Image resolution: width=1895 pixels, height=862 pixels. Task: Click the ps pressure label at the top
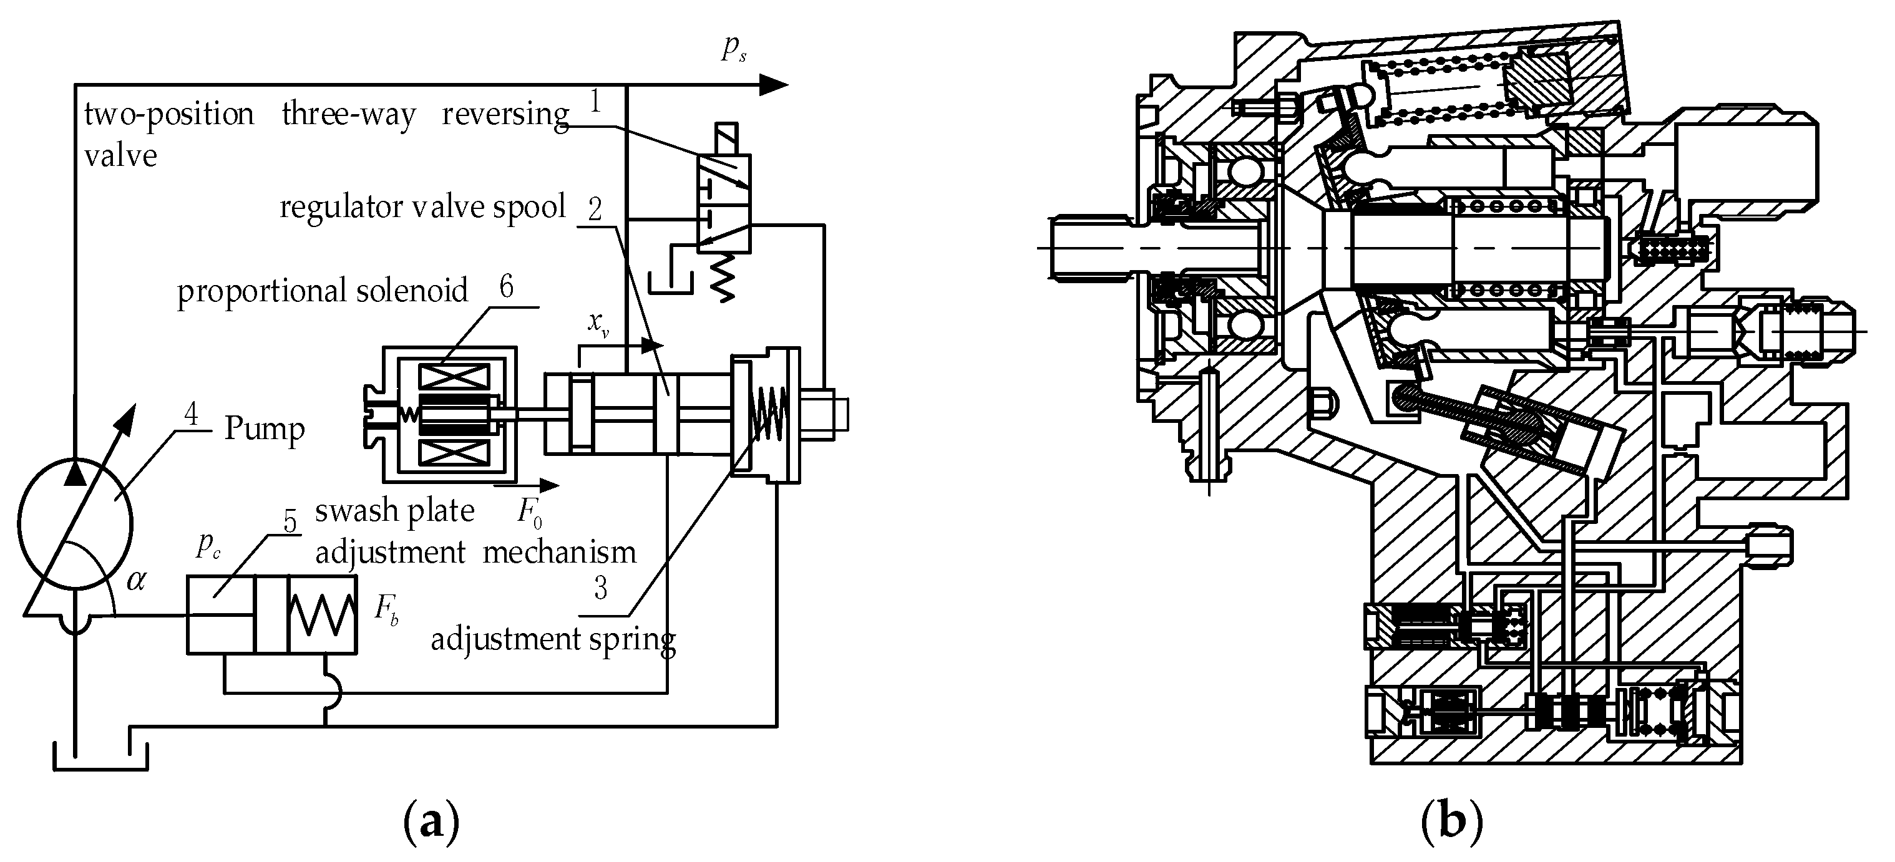(733, 49)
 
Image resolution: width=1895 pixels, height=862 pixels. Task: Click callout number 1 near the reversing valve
(595, 102)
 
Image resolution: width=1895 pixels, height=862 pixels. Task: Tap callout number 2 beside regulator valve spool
(595, 210)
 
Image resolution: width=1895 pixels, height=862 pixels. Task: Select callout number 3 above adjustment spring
(601, 588)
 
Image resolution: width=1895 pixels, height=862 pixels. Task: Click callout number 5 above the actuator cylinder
(290, 521)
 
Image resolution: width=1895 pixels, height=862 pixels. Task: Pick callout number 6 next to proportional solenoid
(506, 287)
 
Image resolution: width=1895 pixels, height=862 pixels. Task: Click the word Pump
(264, 429)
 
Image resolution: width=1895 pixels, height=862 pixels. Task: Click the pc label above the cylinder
(208, 545)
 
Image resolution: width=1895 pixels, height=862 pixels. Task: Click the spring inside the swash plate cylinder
(322, 615)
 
